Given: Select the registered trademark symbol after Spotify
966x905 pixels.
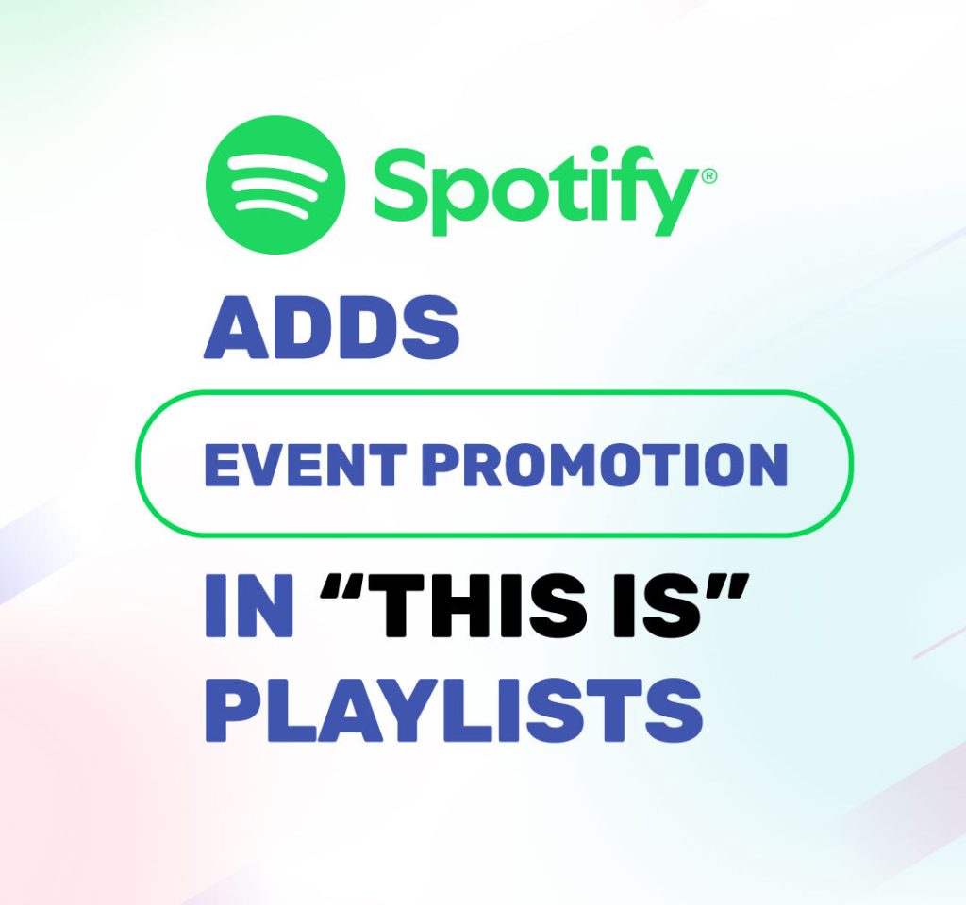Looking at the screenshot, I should click(x=708, y=175).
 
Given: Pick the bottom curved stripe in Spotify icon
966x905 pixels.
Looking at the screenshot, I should click(x=275, y=209).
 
